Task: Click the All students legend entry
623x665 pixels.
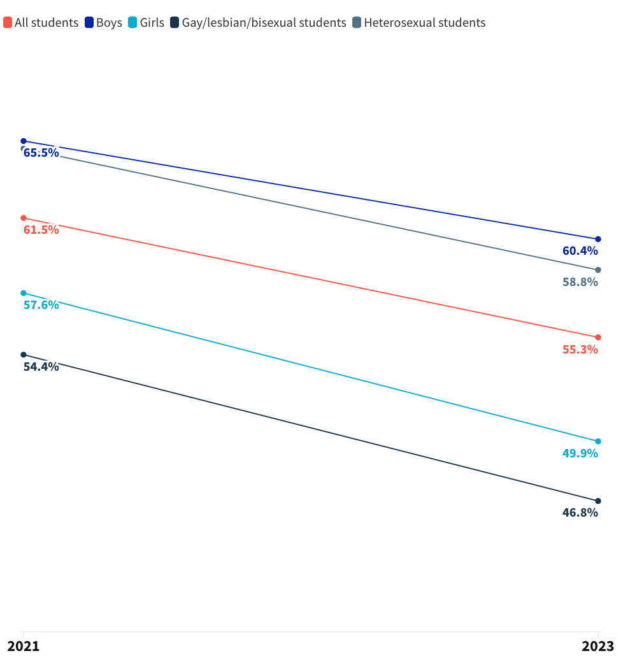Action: (x=41, y=23)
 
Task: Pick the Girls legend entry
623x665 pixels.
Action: (x=146, y=23)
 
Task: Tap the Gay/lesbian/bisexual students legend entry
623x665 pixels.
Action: (x=258, y=23)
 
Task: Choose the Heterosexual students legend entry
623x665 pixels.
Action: (x=419, y=23)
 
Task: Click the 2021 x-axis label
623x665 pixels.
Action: (x=24, y=647)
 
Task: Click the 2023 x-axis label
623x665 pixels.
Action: (x=598, y=647)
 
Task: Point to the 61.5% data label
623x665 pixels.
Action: (x=41, y=230)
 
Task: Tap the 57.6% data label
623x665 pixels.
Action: (x=41, y=305)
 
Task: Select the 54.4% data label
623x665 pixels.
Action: (x=41, y=367)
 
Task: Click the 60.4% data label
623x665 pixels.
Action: (x=580, y=251)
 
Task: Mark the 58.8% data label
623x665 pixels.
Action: (x=580, y=282)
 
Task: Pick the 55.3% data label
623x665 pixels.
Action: (x=580, y=349)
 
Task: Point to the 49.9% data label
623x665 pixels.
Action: (x=580, y=454)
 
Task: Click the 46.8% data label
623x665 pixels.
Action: (x=580, y=513)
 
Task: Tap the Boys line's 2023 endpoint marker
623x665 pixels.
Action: (x=598, y=240)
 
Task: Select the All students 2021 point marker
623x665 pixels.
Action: (x=24, y=218)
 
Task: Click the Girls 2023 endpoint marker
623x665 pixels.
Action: (x=598, y=441)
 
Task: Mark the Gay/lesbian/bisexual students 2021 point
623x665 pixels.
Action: (x=24, y=355)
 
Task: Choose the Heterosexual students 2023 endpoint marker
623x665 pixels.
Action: (x=598, y=270)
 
